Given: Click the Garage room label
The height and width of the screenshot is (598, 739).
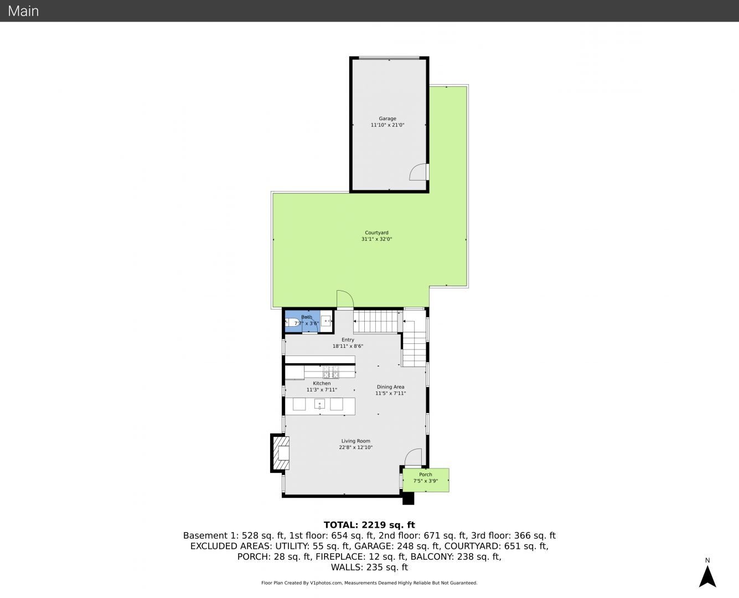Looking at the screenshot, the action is pos(387,118).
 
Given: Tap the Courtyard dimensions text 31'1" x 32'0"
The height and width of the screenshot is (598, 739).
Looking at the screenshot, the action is pos(376,239).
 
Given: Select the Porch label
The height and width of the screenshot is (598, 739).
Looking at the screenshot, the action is pos(425,475).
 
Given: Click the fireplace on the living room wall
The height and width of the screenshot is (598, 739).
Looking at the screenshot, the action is pos(280,453).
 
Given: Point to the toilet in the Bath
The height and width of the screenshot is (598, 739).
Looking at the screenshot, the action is pos(292,322).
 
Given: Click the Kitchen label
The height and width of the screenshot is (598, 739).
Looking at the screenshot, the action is pos(322,383).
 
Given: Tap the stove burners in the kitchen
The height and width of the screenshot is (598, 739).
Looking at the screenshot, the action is pos(331,372).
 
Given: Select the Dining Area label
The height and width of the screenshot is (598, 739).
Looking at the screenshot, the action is pos(390,386).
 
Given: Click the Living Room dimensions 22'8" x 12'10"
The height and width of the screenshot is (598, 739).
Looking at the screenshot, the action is pos(355,447).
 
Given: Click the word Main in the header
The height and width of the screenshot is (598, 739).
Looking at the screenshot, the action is pos(23,11).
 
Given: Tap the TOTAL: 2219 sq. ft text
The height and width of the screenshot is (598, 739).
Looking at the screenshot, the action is pos(369,525).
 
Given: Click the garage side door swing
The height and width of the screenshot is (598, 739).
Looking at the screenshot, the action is pos(418,172).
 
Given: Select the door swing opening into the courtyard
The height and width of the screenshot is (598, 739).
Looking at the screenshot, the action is pos(345,299).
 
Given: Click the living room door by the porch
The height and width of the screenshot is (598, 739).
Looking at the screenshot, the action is pos(413,457).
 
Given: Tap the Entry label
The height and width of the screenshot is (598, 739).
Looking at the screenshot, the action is pos(348,340).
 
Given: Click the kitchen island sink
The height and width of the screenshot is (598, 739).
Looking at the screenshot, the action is pos(319,404).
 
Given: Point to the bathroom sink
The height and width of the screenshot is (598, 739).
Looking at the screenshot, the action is pos(326,321).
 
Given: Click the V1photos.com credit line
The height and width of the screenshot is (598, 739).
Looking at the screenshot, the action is pos(369,582).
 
